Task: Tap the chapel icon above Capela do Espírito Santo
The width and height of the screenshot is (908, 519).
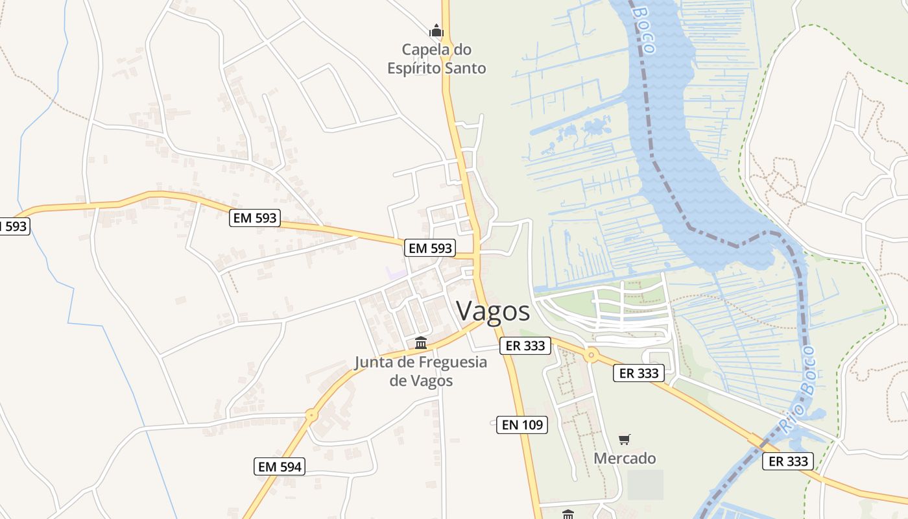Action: (436, 30)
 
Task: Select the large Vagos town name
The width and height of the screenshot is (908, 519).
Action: (493, 311)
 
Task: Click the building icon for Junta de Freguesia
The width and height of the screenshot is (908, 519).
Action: (421, 343)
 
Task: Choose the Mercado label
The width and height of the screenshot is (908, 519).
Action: (625, 458)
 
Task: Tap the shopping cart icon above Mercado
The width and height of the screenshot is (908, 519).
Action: (624, 440)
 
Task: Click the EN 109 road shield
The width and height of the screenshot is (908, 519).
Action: (522, 425)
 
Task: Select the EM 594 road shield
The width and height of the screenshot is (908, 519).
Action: (280, 466)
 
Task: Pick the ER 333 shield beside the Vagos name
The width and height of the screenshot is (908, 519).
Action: (525, 346)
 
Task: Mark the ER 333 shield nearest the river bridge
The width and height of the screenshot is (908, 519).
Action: (787, 461)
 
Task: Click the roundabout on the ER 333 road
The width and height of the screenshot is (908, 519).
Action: (591, 355)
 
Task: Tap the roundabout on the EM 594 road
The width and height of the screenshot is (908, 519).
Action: (312, 415)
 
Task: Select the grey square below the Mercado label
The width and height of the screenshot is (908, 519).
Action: (645, 485)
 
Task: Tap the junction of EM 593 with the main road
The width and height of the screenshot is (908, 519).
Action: (477, 253)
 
